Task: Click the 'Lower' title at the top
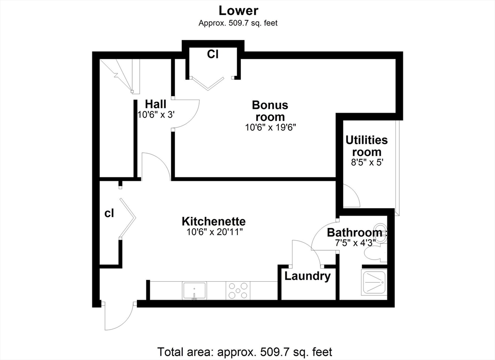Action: pyautogui.click(x=238, y=11)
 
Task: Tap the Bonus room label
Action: pyautogui.click(x=270, y=111)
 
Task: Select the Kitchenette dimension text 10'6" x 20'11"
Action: pyautogui.click(x=214, y=232)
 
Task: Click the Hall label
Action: pyautogui.click(x=155, y=104)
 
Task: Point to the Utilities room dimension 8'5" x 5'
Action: pyautogui.click(x=367, y=162)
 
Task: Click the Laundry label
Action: pyautogui.click(x=307, y=276)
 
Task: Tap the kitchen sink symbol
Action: pyautogui.click(x=194, y=290)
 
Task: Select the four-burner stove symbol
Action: pyautogui.click(x=238, y=290)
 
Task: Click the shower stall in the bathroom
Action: pyautogui.click(x=374, y=282)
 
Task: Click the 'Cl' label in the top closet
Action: pyautogui.click(x=213, y=54)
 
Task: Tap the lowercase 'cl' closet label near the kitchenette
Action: pyautogui.click(x=109, y=214)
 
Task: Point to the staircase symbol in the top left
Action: pyautogui.click(x=120, y=76)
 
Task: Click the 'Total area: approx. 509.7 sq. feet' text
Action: pyautogui.click(x=245, y=351)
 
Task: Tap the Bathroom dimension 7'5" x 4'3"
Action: pyautogui.click(x=355, y=243)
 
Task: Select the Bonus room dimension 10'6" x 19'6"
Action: pyautogui.click(x=271, y=128)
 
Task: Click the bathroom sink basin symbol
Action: pyautogui.click(x=380, y=233)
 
